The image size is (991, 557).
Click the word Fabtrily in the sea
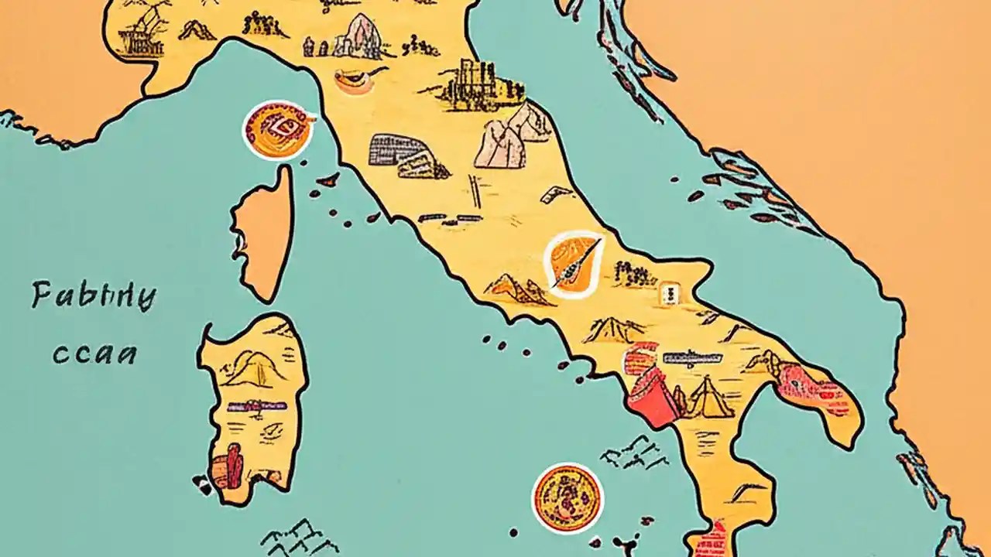click(94, 296)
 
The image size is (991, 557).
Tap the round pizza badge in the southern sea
click(567, 498)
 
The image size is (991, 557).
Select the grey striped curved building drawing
click(408, 155)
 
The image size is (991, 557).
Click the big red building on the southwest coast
click(652, 387)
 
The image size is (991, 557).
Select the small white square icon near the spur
click(668, 294)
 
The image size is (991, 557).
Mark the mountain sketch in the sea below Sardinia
click(290, 537)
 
